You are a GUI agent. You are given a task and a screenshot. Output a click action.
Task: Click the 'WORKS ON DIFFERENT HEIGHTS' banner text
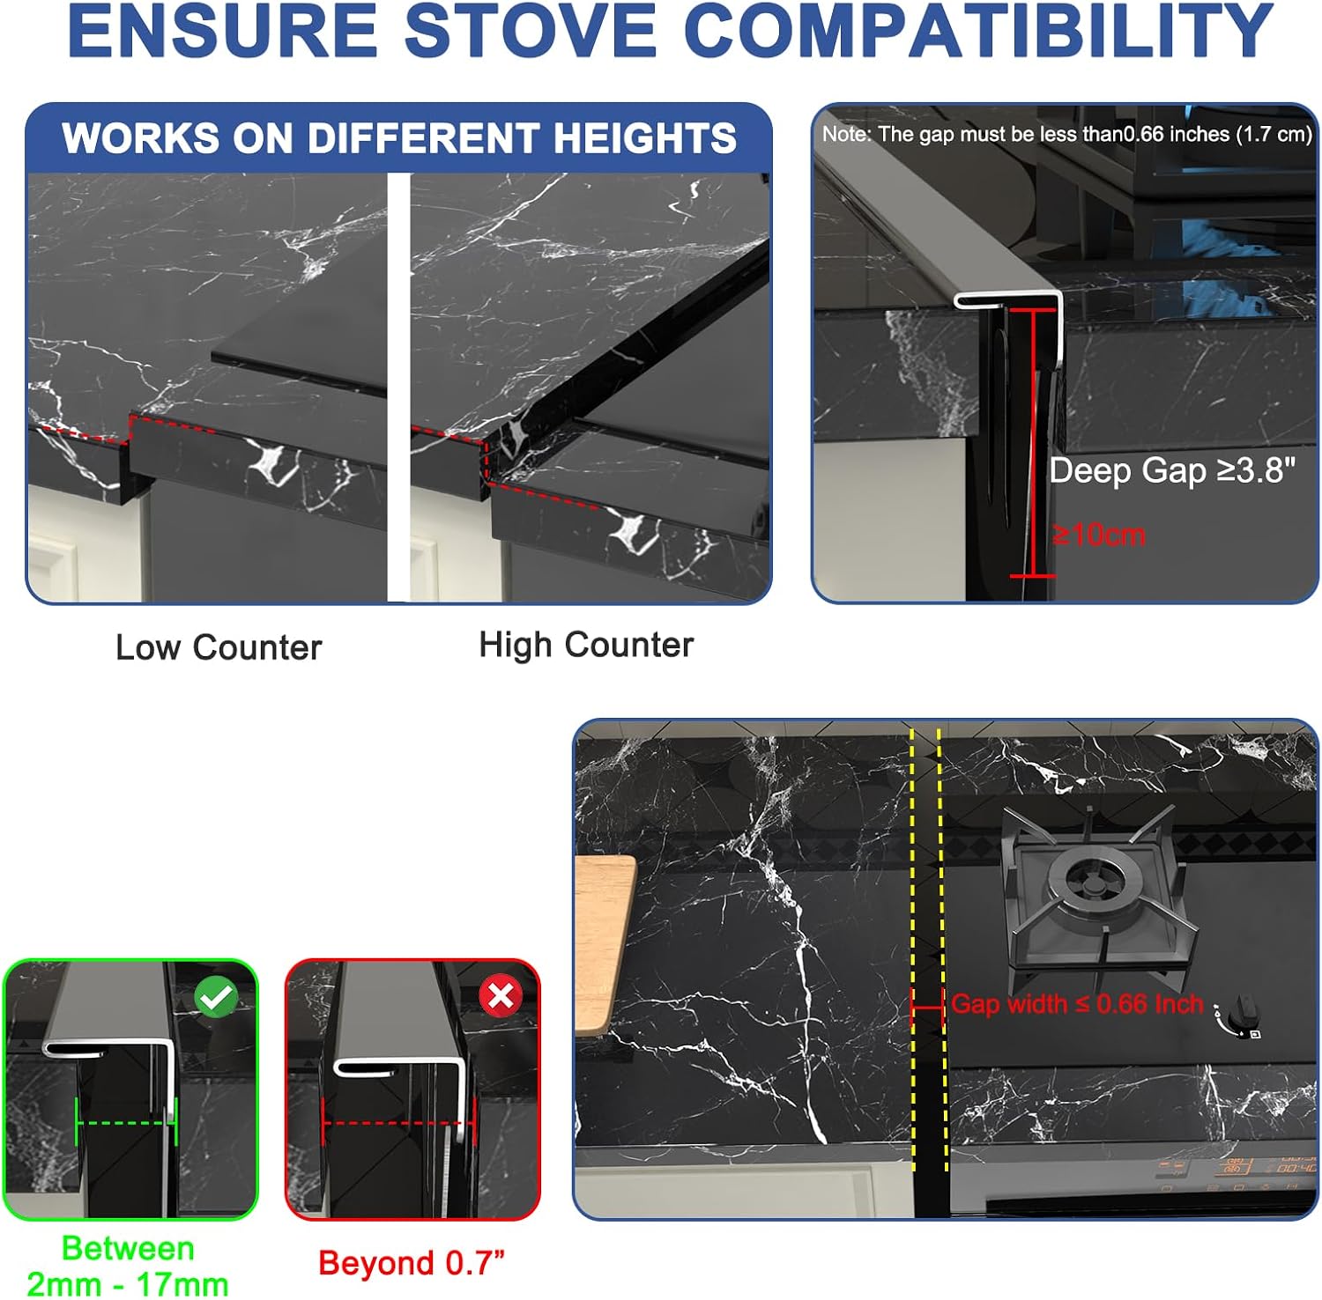tap(399, 137)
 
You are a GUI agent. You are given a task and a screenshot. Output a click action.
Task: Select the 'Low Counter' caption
tap(219, 647)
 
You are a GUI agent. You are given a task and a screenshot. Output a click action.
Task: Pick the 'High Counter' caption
tap(586, 645)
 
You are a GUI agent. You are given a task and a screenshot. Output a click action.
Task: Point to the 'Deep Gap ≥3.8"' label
tap(1172, 469)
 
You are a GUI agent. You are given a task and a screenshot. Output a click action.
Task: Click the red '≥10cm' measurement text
tap(1098, 534)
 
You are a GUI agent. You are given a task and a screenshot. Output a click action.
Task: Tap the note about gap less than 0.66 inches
tap(1067, 134)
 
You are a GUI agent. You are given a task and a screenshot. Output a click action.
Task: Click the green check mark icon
tap(216, 998)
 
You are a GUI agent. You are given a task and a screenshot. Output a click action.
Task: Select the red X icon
tap(500, 996)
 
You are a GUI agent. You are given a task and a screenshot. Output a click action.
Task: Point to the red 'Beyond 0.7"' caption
tap(412, 1262)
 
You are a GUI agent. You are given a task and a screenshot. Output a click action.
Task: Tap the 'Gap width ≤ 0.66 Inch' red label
tap(1077, 1003)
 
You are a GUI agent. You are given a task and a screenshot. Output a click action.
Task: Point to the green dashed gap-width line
tap(127, 1122)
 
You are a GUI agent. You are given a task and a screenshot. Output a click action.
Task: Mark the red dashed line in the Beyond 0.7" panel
tap(398, 1123)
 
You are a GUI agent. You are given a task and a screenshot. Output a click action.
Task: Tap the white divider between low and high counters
tap(399, 388)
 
